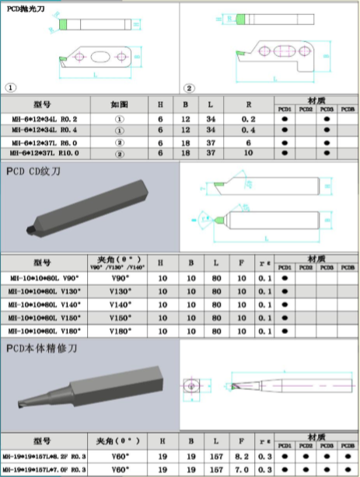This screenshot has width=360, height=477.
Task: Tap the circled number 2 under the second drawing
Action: [x=189, y=88]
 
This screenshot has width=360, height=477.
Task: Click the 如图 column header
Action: [x=120, y=105]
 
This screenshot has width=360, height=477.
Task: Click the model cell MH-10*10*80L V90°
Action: [x=44, y=277]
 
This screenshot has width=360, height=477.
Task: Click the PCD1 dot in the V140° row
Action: [x=285, y=304]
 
